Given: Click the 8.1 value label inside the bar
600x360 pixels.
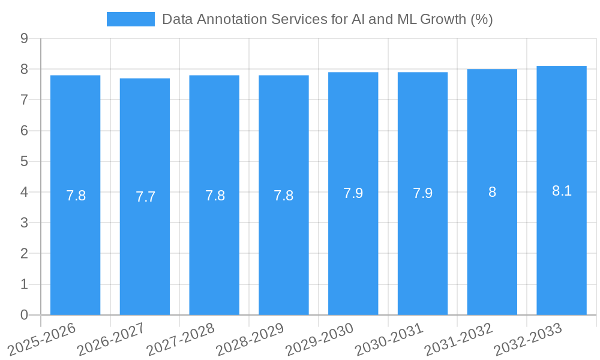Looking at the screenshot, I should pyautogui.click(x=562, y=191).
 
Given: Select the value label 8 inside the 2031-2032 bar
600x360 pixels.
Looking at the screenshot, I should pyautogui.click(x=492, y=193).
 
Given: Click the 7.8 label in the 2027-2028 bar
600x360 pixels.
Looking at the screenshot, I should pyautogui.click(x=215, y=196).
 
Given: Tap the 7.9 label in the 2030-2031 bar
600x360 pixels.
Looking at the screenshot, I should pyautogui.click(x=422, y=194).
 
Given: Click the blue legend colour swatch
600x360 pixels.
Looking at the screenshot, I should pyautogui.click(x=130, y=19).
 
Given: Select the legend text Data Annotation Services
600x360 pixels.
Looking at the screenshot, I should pyautogui.click(x=327, y=19).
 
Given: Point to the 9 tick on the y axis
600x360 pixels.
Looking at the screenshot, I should pyautogui.click(x=24, y=38).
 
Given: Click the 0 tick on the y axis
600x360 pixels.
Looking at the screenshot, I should pyautogui.click(x=24, y=315).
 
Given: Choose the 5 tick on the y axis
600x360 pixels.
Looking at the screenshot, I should pyautogui.click(x=24, y=161).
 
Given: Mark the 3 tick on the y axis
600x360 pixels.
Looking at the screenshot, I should pyautogui.click(x=24, y=223).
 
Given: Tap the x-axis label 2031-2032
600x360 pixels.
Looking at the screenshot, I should pyautogui.click(x=458, y=339).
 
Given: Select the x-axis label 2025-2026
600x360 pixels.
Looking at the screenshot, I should pyautogui.click(x=41, y=339).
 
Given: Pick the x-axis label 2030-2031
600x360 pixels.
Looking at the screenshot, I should pyautogui.click(x=389, y=339).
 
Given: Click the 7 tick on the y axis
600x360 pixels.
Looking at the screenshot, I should pyautogui.click(x=24, y=100).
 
